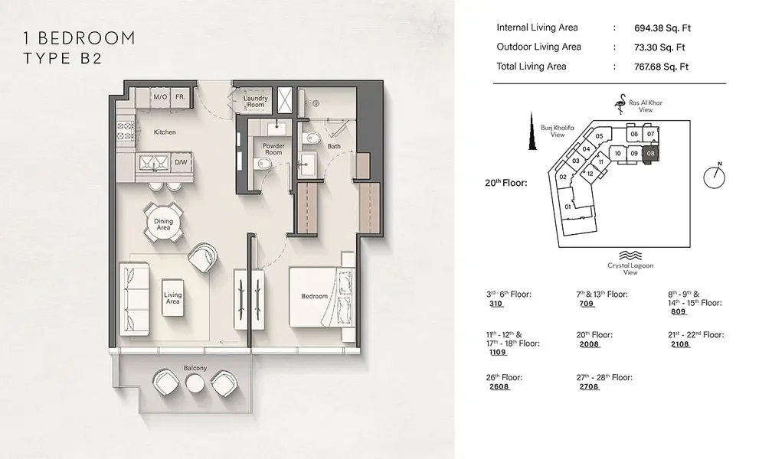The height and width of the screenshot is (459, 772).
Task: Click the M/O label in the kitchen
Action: [x=160, y=97]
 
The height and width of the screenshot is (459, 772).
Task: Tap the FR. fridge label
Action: [x=180, y=97]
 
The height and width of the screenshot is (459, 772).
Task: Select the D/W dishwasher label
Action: [x=181, y=162]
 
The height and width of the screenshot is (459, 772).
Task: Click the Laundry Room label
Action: [x=256, y=101]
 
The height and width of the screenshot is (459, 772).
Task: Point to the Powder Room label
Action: [x=273, y=149]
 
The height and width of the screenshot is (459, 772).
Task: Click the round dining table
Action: [x=163, y=224]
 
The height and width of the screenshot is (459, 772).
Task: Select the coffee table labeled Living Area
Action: [x=173, y=298]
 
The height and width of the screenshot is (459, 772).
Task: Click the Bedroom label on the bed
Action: [x=315, y=296]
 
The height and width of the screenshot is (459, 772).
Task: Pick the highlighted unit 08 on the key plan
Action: [x=650, y=154]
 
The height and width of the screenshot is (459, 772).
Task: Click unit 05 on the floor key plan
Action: [x=599, y=136]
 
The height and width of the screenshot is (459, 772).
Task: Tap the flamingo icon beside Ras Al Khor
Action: [x=620, y=104]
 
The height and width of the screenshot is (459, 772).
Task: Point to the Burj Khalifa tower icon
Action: [x=532, y=132]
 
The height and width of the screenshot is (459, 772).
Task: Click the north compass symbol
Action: [x=715, y=177]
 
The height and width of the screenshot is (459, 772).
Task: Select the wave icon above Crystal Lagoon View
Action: [x=630, y=256]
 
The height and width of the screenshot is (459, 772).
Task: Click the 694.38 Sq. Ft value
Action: [x=662, y=28]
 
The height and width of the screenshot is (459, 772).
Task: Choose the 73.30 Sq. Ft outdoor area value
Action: [x=659, y=47]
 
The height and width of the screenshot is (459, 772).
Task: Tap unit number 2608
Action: [x=499, y=386]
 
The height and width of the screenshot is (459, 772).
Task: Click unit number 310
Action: [x=496, y=304]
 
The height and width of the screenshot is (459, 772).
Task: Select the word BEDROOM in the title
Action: [x=86, y=38]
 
